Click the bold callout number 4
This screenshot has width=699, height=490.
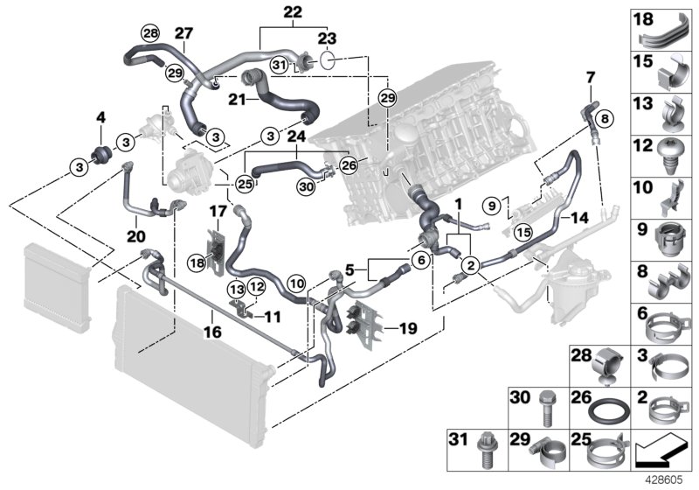[x=100, y=117]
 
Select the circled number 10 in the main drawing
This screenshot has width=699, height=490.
[x=296, y=283]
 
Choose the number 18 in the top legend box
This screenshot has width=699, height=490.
[x=642, y=20]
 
